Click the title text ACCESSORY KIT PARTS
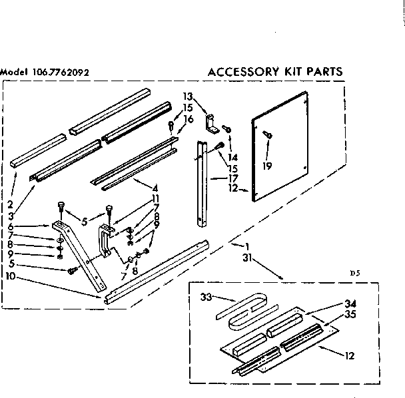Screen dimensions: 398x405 (x=276, y=71)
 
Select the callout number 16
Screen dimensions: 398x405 (x=189, y=118)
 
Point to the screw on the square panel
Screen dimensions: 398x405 (x=266, y=134)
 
